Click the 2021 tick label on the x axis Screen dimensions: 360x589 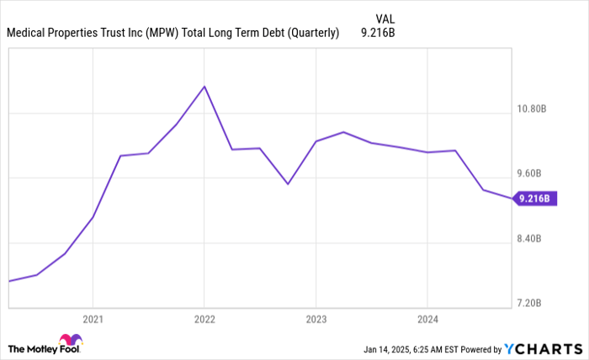(x=93, y=320)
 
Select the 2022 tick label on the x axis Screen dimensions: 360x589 (x=204, y=320)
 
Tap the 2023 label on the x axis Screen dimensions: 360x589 (x=316, y=320)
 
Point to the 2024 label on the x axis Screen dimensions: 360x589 (x=427, y=320)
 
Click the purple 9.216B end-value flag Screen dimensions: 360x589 (x=535, y=199)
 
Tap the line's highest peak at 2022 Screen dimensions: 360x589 (x=204, y=86)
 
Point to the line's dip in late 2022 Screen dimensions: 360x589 (x=288, y=183)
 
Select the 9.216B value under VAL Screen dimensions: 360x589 (x=378, y=34)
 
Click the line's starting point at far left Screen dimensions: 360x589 (x=8, y=281)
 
